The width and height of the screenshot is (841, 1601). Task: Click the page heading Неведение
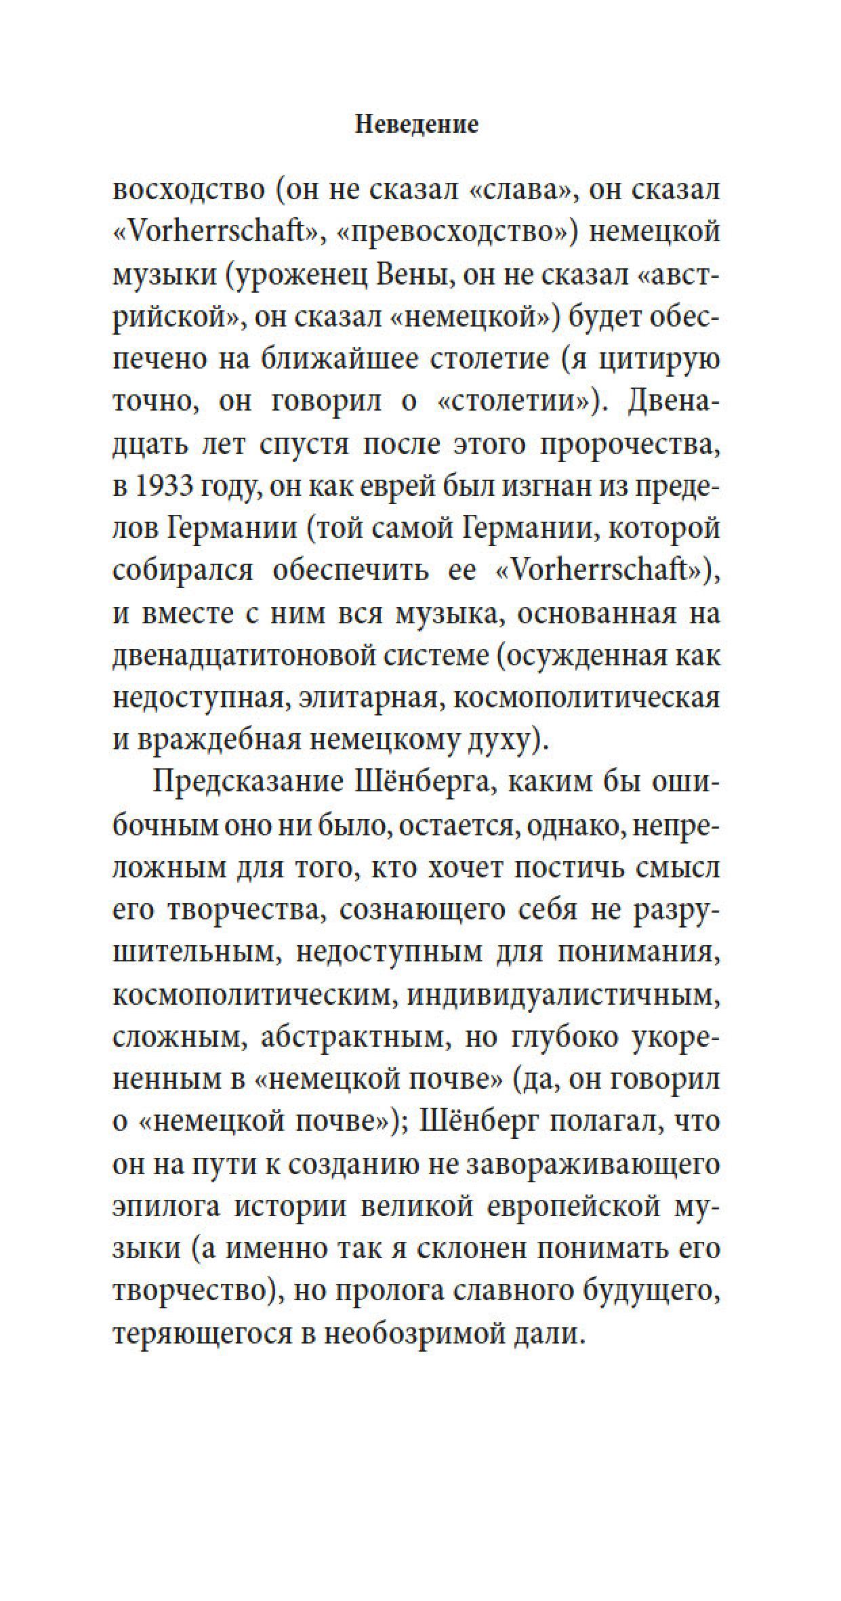point(417,125)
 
